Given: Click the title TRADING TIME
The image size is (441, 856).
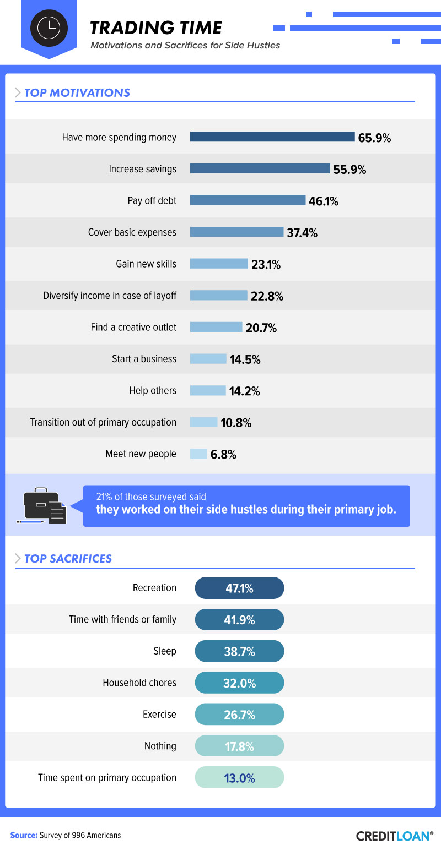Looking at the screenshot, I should (156, 28).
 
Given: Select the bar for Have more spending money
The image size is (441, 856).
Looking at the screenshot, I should (272, 137).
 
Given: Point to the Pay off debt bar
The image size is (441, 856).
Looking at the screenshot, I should (248, 200).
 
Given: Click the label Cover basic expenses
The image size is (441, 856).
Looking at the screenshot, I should (132, 232).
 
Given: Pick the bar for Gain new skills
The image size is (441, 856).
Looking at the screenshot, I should (219, 264).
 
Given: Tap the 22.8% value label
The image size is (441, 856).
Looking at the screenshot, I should (267, 297).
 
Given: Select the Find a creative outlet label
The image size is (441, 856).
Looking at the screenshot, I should (133, 328).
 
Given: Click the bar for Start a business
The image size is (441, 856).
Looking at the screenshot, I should (208, 359).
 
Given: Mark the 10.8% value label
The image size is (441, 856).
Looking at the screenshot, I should (236, 423).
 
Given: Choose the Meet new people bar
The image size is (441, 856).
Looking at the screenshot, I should (198, 454).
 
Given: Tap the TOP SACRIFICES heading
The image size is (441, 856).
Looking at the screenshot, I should (68, 559).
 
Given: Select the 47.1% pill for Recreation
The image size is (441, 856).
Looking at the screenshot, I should (239, 588).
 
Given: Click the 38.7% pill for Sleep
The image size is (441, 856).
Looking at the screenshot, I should (239, 651).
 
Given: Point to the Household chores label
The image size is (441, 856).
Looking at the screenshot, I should (139, 683).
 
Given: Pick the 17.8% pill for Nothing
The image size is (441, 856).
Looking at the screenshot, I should (239, 746).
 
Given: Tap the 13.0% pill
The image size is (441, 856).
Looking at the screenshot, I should (239, 778).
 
